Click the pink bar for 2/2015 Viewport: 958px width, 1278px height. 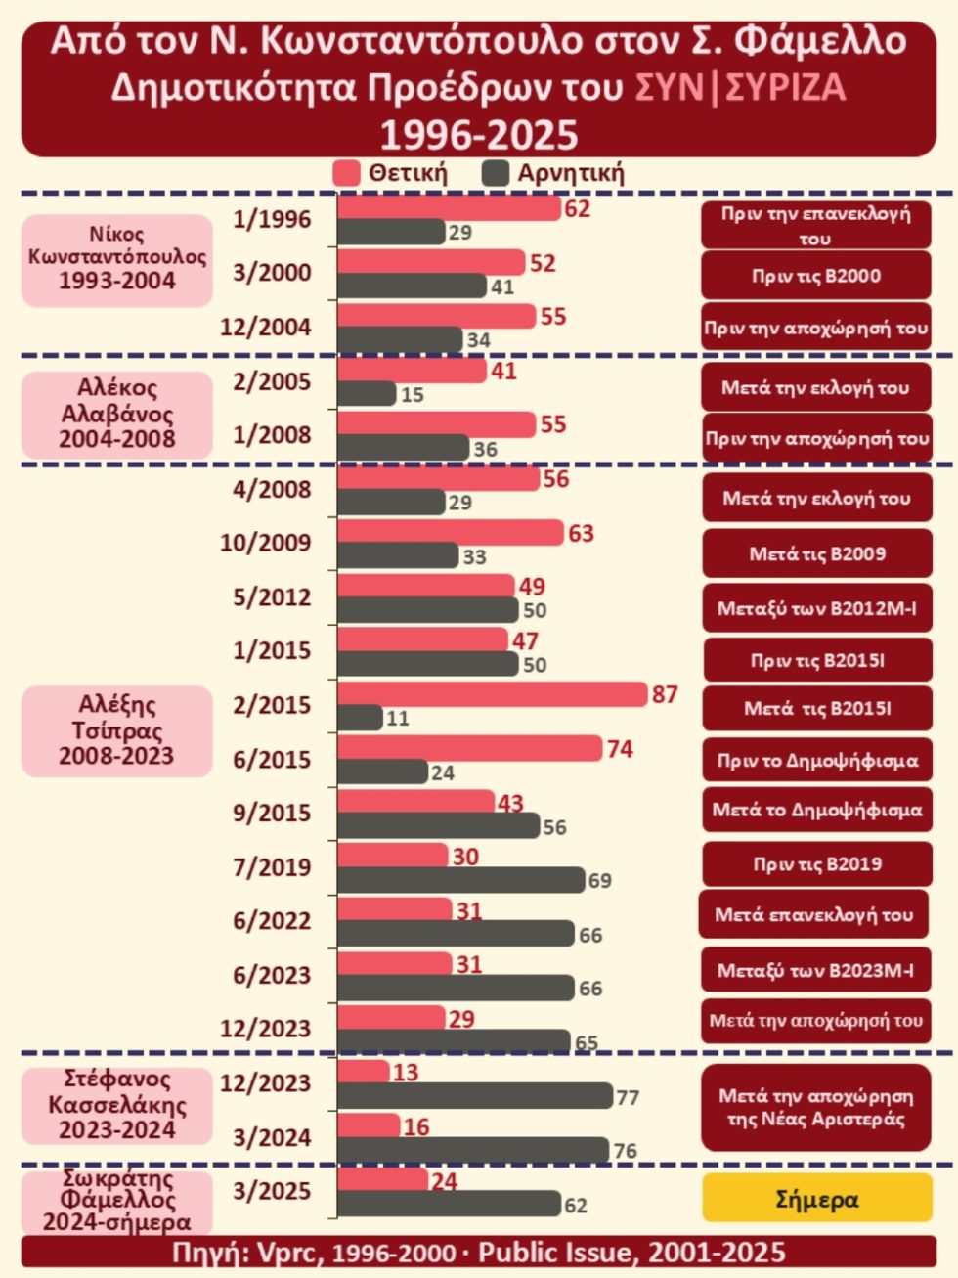[493, 694]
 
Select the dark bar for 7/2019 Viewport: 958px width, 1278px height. [461, 880]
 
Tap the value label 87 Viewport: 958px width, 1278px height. [665, 694]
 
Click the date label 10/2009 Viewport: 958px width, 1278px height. [265, 543]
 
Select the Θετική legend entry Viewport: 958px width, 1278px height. [391, 173]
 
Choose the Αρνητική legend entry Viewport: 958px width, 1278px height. [553, 173]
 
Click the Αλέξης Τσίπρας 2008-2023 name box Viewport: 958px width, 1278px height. [117, 731]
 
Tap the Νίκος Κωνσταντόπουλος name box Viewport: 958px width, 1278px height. [117, 260]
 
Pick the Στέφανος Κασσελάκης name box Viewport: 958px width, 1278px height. [117, 1106]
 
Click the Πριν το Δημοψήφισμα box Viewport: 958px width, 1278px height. [818, 761]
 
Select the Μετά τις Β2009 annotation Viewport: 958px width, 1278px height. [818, 553]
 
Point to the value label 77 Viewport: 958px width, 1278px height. [628, 1098]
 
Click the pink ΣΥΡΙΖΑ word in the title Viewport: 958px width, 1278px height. [786, 89]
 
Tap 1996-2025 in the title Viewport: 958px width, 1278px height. [479, 135]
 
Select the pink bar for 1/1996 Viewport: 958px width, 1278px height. [450, 208]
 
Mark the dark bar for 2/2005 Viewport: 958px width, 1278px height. [367, 394]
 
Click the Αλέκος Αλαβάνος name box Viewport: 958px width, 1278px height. [117, 415]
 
